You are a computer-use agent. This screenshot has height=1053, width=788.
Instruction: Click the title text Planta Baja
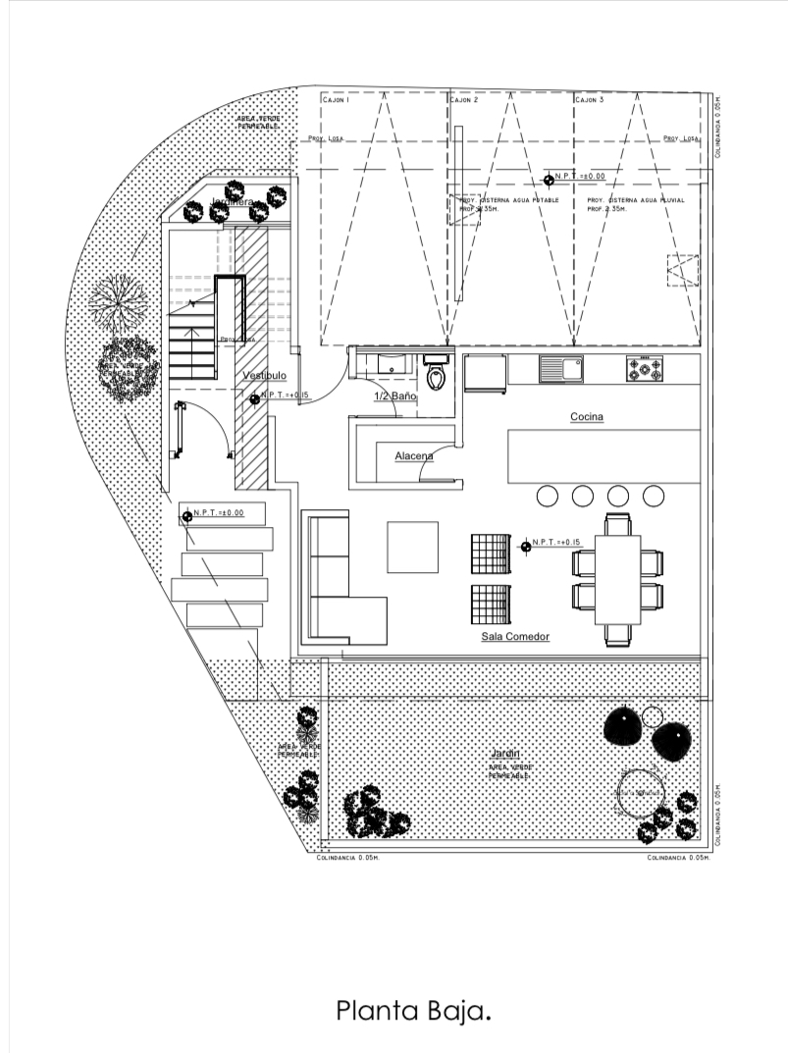click(412, 1011)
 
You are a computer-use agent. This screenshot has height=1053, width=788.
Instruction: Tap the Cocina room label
click(587, 417)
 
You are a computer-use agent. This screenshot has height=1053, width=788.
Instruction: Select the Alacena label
click(413, 456)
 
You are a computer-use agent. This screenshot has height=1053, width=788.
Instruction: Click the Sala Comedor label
click(515, 637)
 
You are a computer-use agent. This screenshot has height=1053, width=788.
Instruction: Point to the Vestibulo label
click(264, 376)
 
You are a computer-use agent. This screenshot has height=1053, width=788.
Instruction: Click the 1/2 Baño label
click(395, 395)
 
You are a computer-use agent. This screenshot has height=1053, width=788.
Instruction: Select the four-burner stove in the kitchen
click(646, 369)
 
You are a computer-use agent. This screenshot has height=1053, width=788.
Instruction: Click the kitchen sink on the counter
click(561, 369)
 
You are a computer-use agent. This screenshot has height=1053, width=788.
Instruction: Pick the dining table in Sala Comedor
click(617, 579)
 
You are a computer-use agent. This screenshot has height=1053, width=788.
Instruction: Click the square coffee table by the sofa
click(412, 548)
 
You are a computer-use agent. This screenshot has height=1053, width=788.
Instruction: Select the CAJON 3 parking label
click(589, 100)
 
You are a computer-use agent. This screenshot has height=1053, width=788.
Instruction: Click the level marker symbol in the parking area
click(549, 179)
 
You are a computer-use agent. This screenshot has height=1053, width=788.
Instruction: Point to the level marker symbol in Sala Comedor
click(526, 546)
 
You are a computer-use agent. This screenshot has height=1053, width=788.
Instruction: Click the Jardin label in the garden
click(506, 754)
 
